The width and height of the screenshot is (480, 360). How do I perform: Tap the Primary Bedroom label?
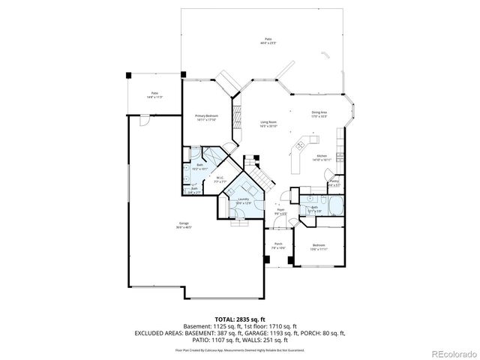tap(205, 116)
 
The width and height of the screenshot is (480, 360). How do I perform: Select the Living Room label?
tap(268, 122)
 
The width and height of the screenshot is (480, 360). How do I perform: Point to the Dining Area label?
tap(319, 113)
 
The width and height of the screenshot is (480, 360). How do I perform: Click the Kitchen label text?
tap(321, 156)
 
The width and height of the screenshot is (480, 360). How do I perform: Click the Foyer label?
tap(280, 211)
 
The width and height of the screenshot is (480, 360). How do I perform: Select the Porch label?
tap(277, 245)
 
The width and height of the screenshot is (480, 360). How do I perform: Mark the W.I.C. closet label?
tap(220, 178)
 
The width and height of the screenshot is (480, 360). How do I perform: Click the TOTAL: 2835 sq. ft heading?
tap(240, 319)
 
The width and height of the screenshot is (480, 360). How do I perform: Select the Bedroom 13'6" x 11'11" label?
tap(319, 247)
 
